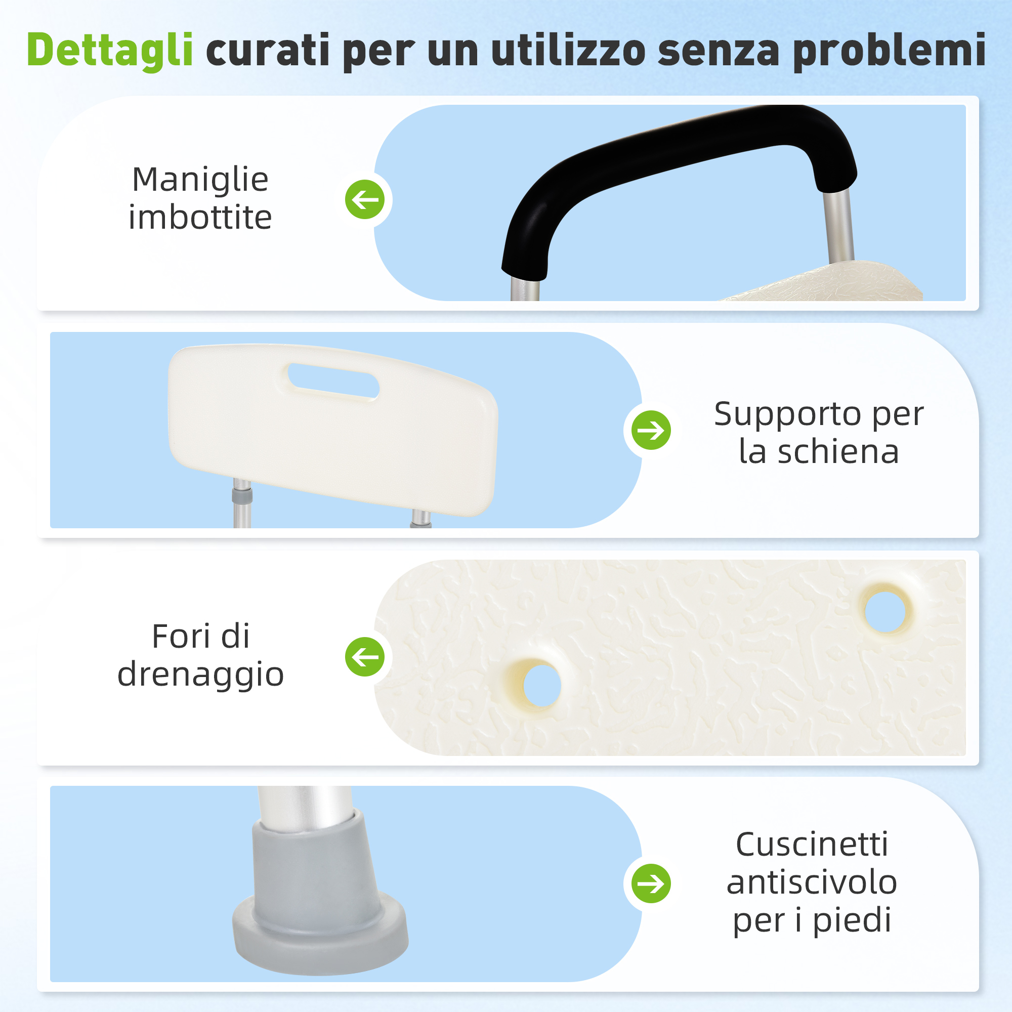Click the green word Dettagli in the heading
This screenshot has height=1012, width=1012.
(110, 51)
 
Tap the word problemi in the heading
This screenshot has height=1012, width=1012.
(890, 51)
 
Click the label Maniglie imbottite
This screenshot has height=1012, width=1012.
(200, 198)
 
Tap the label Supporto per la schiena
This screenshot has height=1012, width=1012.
(819, 433)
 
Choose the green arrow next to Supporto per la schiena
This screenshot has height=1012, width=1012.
(651, 430)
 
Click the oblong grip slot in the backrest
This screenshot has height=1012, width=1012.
(333, 381)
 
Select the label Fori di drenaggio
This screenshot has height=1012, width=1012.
(200, 656)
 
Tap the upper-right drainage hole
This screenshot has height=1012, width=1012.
(884, 611)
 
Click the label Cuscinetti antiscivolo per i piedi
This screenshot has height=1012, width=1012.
(812, 882)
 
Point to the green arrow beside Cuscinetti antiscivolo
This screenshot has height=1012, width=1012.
(651, 883)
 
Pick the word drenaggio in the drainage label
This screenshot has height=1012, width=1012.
(200, 675)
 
